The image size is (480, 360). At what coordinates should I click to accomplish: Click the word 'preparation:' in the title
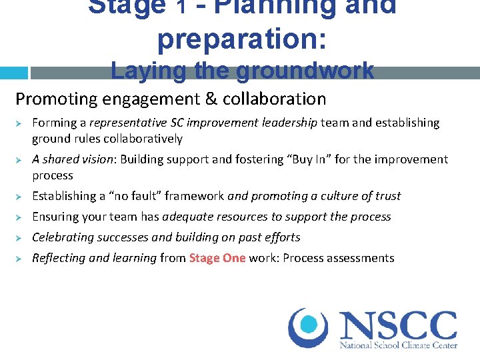tap(242, 38)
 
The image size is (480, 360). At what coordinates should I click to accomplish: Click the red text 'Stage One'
tap(217, 258)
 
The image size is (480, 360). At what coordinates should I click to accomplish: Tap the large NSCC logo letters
tap(398, 326)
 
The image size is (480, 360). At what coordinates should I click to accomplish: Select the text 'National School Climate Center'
tap(398, 345)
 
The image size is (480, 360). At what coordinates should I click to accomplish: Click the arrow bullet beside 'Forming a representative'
tap(20, 123)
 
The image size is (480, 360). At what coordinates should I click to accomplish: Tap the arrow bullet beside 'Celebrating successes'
tap(20, 238)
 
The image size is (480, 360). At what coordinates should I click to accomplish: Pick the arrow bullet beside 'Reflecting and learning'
tap(20, 259)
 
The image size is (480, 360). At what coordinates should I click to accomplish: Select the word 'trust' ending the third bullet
tap(387, 196)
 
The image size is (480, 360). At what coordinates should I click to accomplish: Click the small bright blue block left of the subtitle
tap(13, 73)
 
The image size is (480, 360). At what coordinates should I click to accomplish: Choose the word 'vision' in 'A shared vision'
tap(92, 159)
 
